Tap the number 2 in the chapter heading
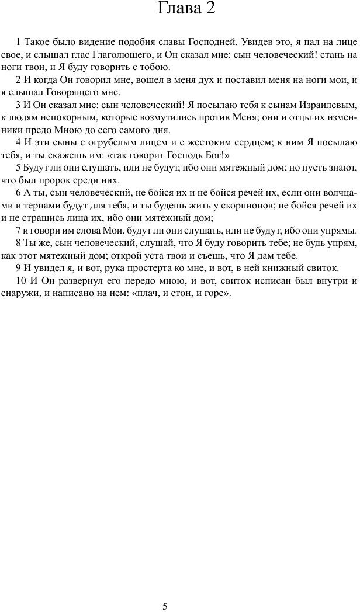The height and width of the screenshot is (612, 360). pos(209,10)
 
